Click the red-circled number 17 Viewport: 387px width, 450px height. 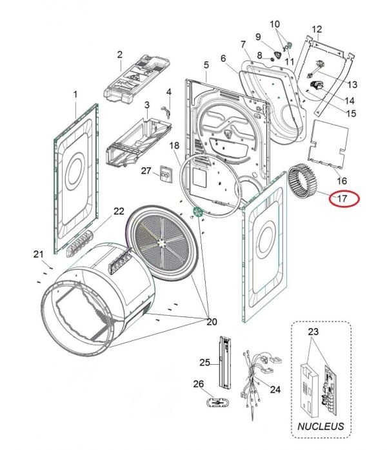point(342,199)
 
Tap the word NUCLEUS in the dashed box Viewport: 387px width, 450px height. point(320,427)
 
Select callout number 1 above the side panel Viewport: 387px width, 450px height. point(75,94)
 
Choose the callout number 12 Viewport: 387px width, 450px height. point(316,29)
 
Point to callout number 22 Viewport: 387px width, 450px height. point(119,210)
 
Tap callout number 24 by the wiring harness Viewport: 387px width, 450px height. point(275,389)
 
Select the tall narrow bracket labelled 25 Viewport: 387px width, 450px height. point(225,362)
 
